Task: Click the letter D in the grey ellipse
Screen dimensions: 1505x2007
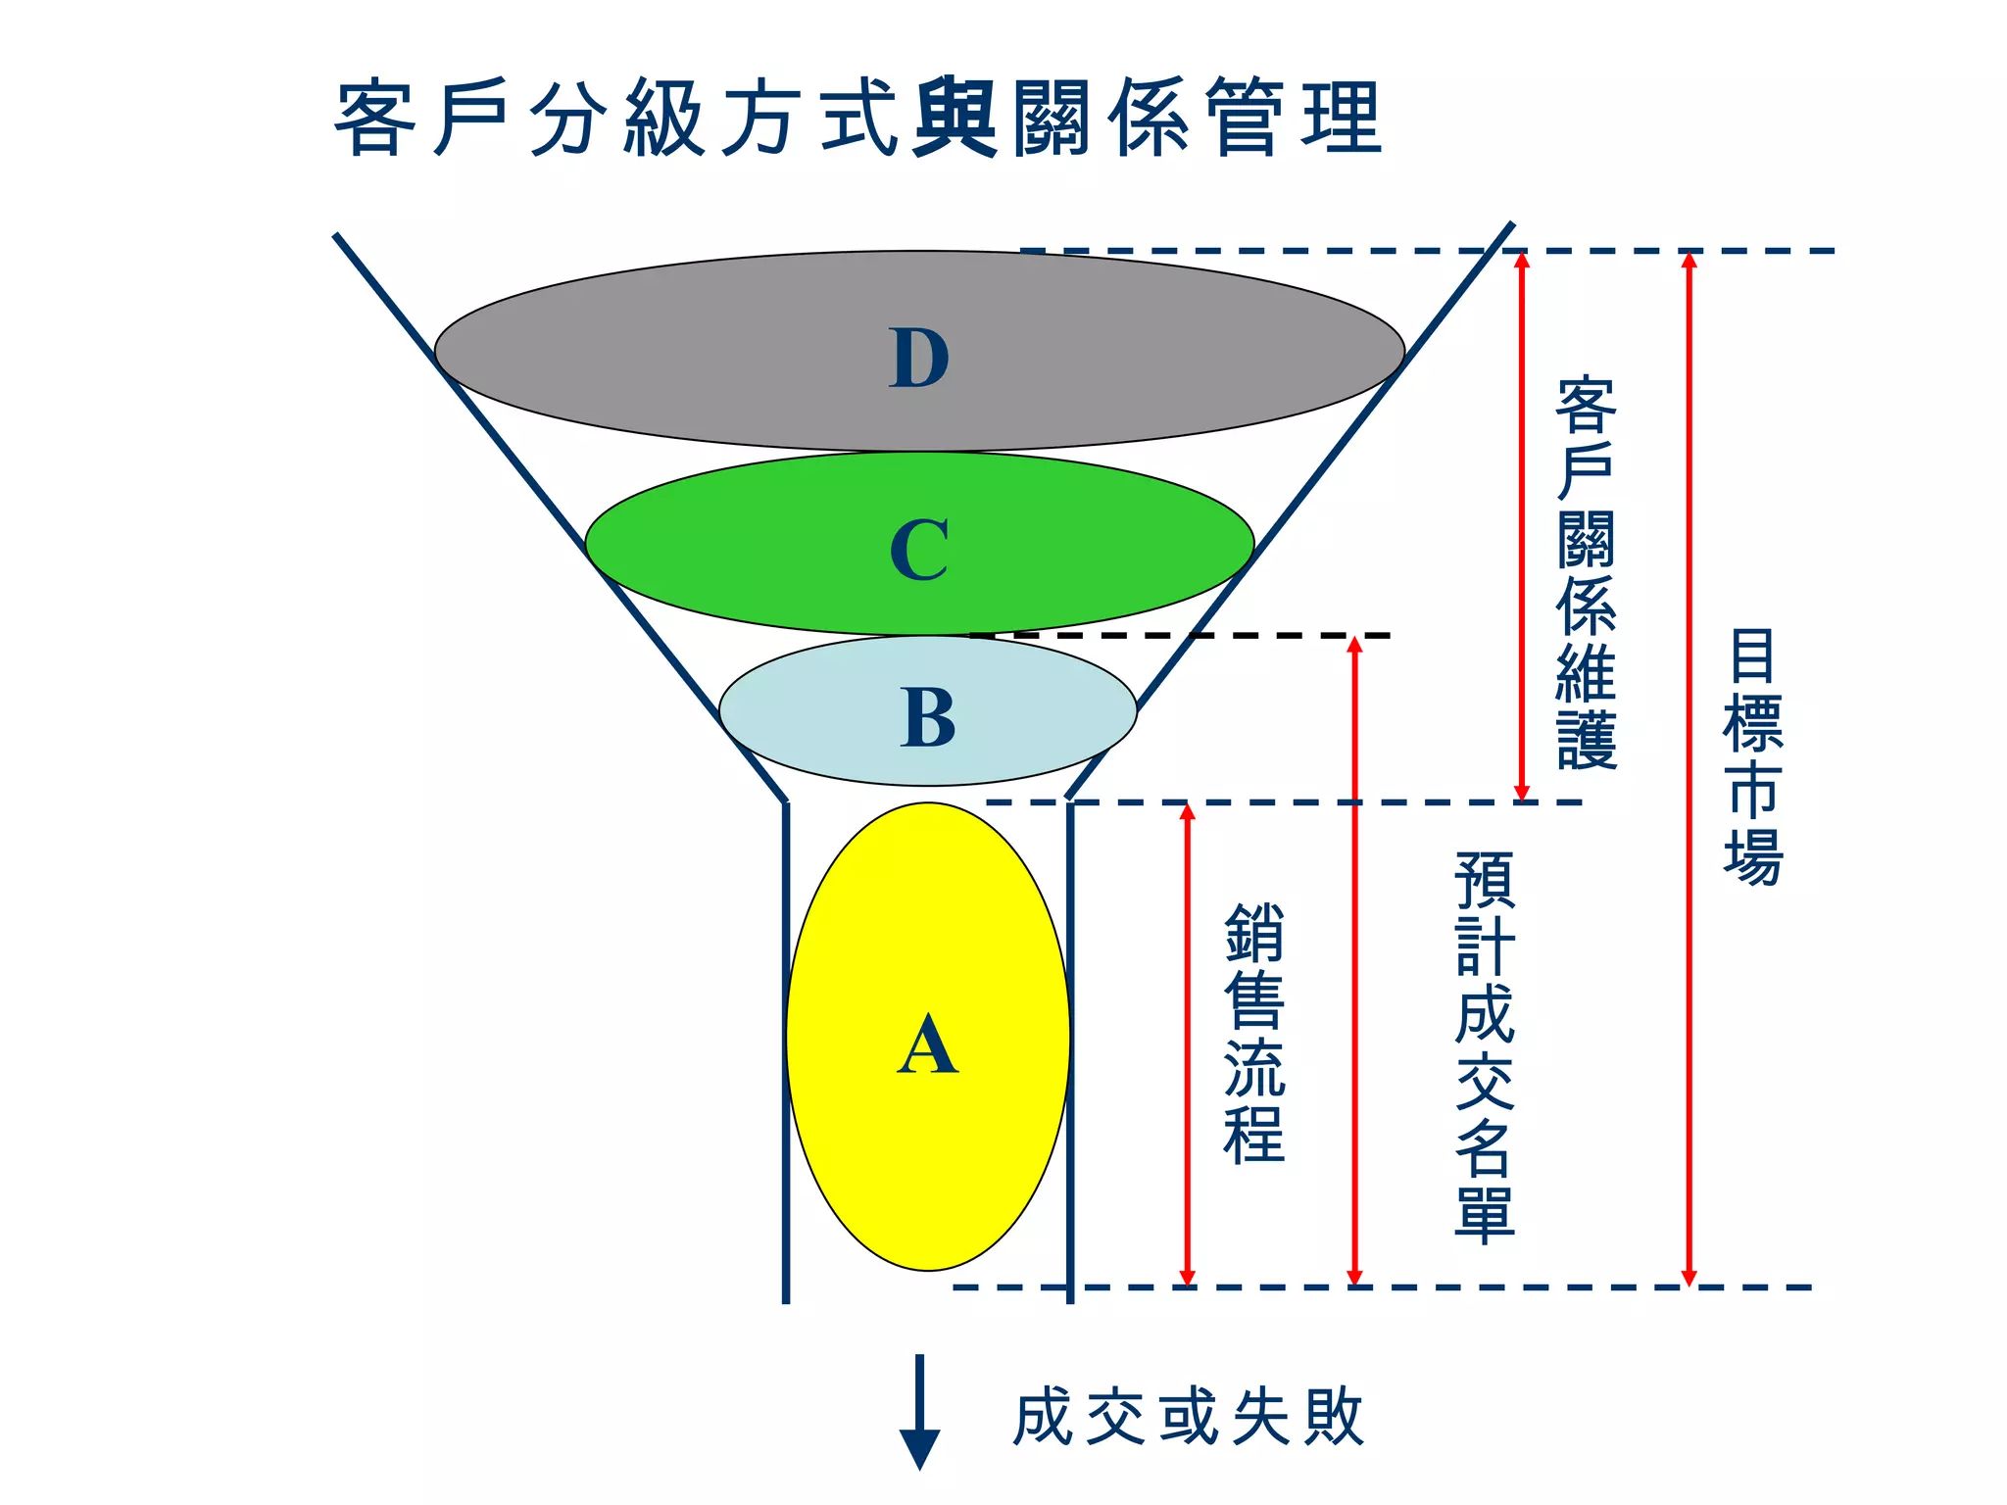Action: [x=919, y=358]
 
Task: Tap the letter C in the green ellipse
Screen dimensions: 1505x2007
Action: [x=919, y=550]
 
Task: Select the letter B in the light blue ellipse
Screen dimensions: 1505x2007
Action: [x=927, y=717]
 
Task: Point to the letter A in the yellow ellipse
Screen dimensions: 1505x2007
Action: [x=927, y=1045]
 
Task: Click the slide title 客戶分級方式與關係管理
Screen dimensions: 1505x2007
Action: [x=858, y=119]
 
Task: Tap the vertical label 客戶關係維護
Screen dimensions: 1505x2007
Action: [x=1586, y=572]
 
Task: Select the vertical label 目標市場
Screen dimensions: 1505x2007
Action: [x=1752, y=757]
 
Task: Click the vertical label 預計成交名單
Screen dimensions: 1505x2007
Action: [x=1485, y=1046]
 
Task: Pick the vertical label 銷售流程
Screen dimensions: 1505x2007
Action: [x=1253, y=1034]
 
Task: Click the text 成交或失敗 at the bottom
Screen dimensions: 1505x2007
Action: [x=1188, y=1417]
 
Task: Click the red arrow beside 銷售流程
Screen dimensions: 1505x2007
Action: [x=1188, y=1044]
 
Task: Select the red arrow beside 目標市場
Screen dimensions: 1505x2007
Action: [x=1689, y=769]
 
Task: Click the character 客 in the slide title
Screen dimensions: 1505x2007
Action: [x=372, y=119]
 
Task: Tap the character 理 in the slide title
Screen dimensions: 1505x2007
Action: [x=1342, y=119]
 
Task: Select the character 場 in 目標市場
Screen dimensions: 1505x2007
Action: [x=1752, y=858]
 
